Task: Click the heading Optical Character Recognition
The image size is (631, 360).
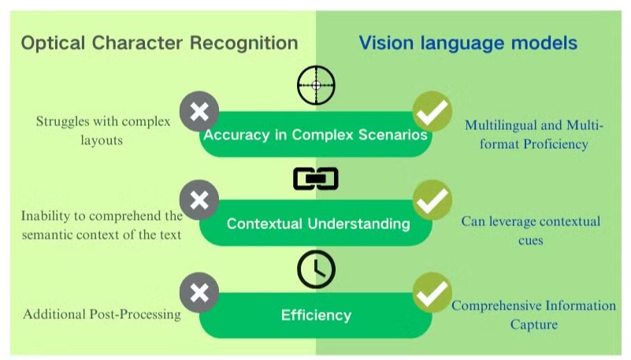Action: pos(159,43)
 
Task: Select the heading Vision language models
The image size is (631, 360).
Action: pos(468,43)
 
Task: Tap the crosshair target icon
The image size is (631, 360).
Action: pos(316,85)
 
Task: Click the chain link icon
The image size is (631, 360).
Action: pos(315,179)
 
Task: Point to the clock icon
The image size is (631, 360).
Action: pos(316,269)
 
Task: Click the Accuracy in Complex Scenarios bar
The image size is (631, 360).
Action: pos(315,135)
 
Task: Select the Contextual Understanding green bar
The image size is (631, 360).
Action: pos(317,224)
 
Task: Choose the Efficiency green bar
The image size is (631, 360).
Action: pos(316,315)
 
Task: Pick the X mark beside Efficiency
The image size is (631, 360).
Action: pos(199,292)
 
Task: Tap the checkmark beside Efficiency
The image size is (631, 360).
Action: pos(432,292)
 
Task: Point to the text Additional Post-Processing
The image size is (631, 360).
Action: pos(102,314)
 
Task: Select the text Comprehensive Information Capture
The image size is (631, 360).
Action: pos(533,314)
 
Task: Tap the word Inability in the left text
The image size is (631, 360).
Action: pos(46,216)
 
